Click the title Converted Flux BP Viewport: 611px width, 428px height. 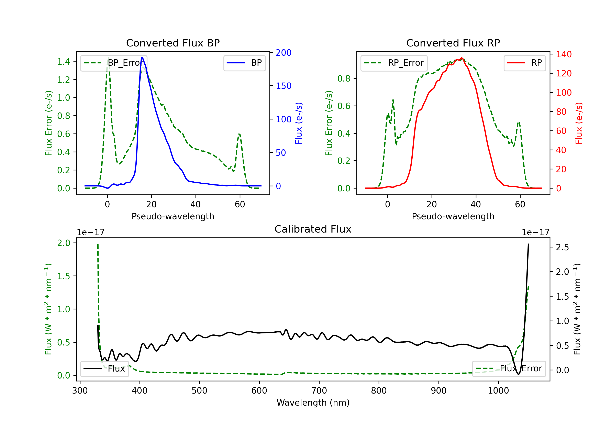pos(173,43)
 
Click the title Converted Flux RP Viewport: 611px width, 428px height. pos(453,43)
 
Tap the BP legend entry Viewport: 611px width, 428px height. pos(245,63)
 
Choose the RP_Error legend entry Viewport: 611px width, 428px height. pos(394,63)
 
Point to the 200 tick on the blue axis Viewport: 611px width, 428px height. pos(284,53)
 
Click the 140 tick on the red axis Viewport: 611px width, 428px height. pos(564,54)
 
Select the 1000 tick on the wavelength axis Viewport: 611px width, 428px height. pos(498,391)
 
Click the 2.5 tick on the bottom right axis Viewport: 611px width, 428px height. pos(562,247)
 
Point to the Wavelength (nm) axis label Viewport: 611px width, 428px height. pos(313,403)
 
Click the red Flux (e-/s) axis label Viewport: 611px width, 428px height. pos(579,123)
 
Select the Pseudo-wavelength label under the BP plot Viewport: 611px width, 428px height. pos(173,216)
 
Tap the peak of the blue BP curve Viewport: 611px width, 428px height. pos(142,58)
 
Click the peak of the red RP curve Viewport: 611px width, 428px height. pos(462,58)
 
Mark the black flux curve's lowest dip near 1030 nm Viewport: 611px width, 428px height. pos(518,374)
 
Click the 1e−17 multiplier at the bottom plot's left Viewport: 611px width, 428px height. pos(90,232)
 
